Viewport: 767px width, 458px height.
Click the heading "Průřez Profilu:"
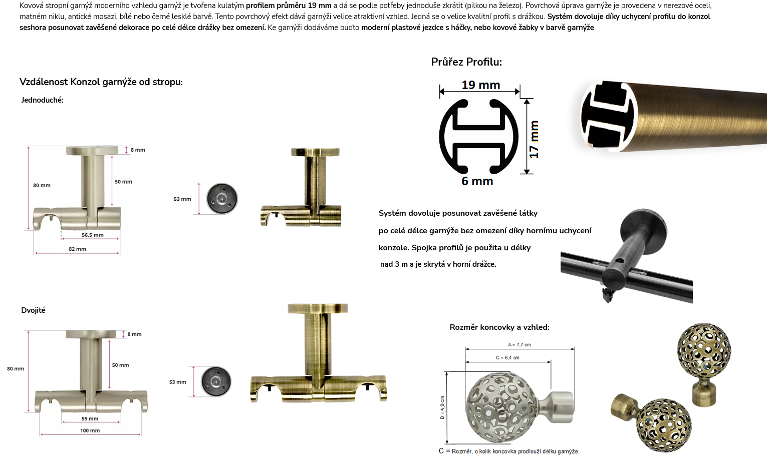pyautogui.click(x=466, y=62)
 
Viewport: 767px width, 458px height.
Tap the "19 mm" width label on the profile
pyautogui.click(x=481, y=85)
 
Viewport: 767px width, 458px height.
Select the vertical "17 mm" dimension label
pyautogui.click(x=534, y=139)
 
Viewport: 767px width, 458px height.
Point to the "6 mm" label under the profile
pyautogui.click(x=477, y=181)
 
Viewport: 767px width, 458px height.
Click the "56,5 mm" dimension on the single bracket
pyautogui.click(x=93, y=235)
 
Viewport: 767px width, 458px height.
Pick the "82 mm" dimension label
pyautogui.click(x=77, y=249)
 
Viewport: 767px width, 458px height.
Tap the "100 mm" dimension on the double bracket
pyautogui.click(x=90, y=430)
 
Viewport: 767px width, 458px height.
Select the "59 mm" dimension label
pyautogui.click(x=90, y=418)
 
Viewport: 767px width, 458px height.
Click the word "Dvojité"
pyautogui.click(x=33, y=310)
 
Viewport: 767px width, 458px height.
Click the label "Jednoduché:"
pyautogui.click(x=43, y=100)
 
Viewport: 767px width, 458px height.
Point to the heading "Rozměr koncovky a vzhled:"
pyautogui.click(x=499, y=327)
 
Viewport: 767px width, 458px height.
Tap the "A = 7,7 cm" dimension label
pyautogui.click(x=519, y=345)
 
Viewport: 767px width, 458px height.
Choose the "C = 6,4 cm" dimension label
pyautogui.click(x=507, y=358)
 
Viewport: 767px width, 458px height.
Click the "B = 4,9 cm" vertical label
pyautogui.click(x=442, y=408)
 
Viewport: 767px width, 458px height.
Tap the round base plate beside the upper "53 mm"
pyautogui.click(x=222, y=199)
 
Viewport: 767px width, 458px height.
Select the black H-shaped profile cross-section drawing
pyautogui.click(x=478, y=137)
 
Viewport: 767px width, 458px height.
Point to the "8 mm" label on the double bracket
pyautogui.click(x=134, y=334)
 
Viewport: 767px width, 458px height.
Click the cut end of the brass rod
pyautogui.click(x=608, y=116)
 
